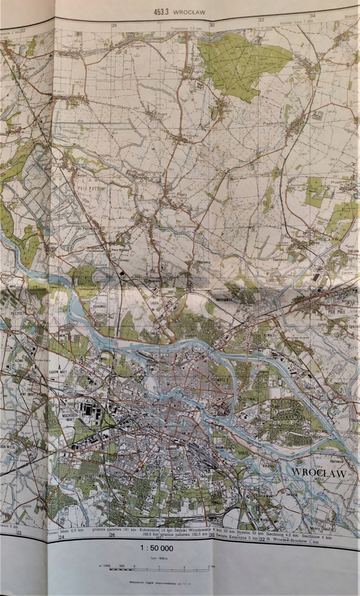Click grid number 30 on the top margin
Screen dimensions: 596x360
[212, 25]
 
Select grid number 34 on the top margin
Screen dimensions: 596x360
[312, 16]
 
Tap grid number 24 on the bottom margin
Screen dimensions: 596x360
[62, 537]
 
